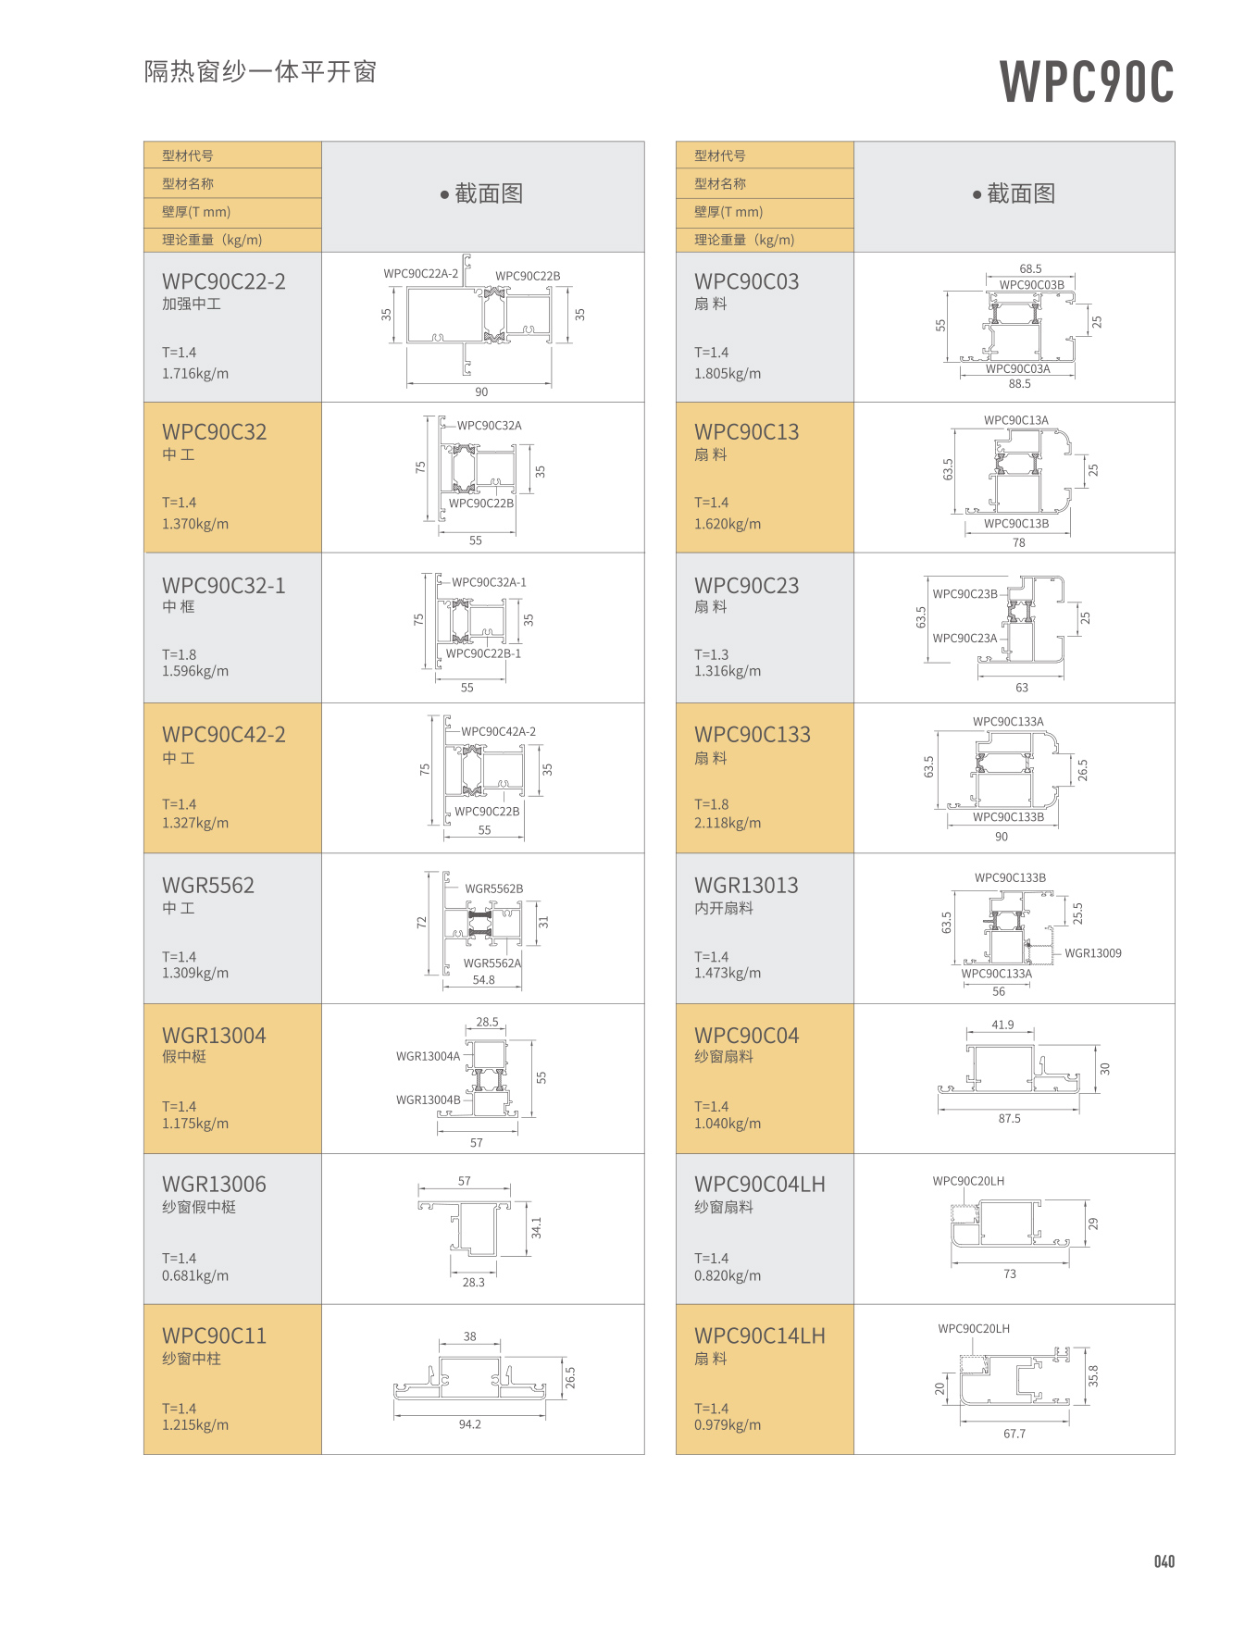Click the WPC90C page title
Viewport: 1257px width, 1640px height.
1087,81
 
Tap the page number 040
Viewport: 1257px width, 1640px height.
1164,1562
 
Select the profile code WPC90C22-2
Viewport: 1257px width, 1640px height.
223,281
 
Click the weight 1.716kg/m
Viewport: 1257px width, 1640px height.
195,374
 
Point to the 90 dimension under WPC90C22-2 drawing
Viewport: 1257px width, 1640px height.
481,392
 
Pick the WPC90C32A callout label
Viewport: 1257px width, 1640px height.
489,426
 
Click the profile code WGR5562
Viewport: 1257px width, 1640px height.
208,886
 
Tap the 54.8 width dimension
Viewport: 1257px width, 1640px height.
483,980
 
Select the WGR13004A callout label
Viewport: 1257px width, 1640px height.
428,1056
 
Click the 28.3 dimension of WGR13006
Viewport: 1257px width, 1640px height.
473,1283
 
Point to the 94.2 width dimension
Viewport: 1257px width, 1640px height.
469,1424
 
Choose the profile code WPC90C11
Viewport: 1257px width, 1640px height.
214,1336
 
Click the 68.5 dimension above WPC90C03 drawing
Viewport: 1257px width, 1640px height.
1030,269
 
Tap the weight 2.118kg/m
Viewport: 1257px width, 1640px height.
728,823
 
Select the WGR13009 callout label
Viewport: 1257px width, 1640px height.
1092,953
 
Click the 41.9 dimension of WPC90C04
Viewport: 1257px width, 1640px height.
1002,1025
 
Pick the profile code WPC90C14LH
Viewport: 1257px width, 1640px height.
759,1336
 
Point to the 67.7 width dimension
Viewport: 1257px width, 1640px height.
1014,1434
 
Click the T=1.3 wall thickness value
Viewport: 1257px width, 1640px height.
711,654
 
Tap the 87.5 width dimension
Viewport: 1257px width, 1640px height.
1009,1119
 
